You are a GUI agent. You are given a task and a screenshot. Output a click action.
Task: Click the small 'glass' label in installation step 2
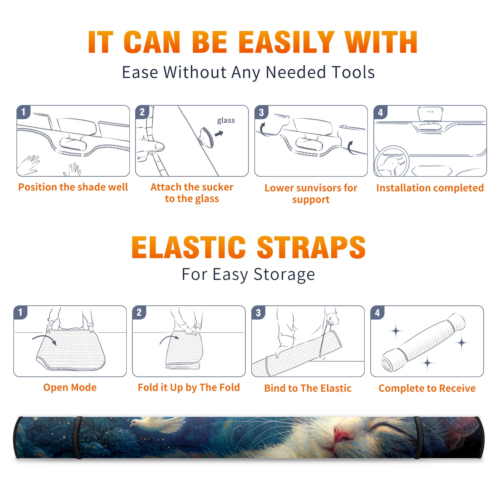click(x=226, y=121)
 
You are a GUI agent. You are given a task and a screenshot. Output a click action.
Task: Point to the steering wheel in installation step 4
click(x=392, y=161)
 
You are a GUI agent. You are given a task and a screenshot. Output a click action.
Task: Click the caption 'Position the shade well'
click(x=73, y=187)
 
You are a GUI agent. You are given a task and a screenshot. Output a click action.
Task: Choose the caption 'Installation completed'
click(x=430, y=188)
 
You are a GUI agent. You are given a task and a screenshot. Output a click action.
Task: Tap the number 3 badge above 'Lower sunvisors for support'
click(x=261, y=112)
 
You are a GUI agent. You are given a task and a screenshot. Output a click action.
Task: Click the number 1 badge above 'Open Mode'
click(x=21, y=312)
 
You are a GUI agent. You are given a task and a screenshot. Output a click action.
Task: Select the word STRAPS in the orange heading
click(x=311, y=247)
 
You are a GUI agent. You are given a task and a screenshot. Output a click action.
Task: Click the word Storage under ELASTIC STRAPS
click(x=284, y=275)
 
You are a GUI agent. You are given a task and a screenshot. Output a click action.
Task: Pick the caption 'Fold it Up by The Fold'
click(x=189, y=388)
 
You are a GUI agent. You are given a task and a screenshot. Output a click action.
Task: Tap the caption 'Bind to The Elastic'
click(x=308, y=388)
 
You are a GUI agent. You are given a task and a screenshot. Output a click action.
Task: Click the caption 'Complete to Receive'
click(x=427, y=388)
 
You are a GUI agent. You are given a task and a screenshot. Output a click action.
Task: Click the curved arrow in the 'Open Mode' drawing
click(x=44, y=339)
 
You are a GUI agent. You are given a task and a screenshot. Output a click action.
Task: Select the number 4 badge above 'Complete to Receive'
click(x=377, y=312)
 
